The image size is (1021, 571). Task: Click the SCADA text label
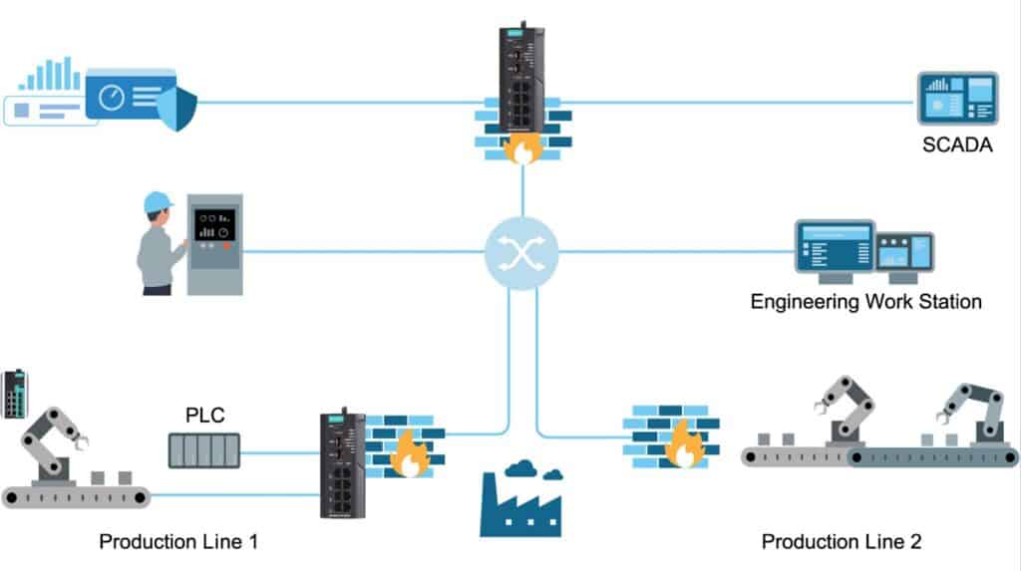point(957,147)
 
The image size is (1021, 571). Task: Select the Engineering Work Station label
point(865,301)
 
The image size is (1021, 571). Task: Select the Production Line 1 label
point(178,542)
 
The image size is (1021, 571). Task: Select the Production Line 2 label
point(842,542)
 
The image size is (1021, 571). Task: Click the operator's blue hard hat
point(159,202)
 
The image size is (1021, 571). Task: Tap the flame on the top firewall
point(522,149)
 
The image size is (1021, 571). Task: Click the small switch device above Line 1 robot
point(15,394)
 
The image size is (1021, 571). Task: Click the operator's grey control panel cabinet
point(214,244)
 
